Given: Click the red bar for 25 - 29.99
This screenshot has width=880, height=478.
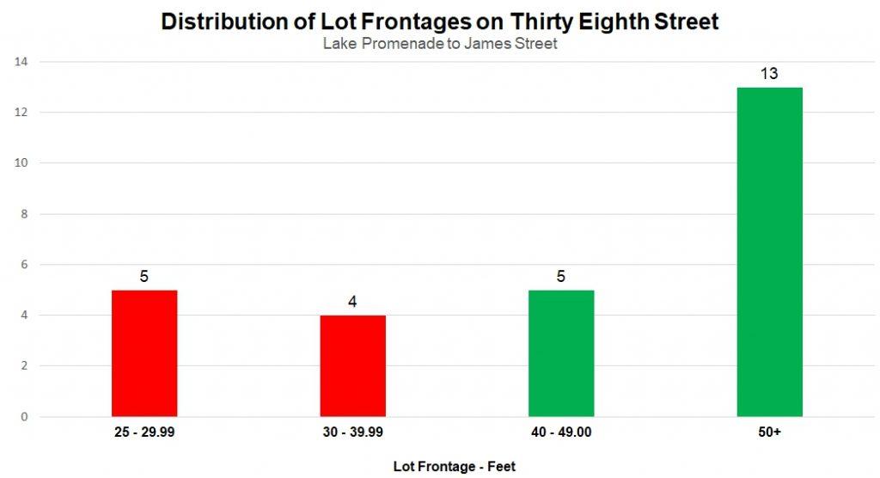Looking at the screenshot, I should pos(144,353).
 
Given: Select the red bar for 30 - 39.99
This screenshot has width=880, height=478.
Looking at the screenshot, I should pos(353,365).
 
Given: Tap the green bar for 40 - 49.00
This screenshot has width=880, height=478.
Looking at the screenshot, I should pos(561,353).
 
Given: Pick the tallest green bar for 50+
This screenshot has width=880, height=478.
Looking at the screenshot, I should pos(769,252).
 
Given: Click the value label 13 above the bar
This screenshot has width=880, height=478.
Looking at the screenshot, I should pos(769,74).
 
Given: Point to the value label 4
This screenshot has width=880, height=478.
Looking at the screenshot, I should pos(353,303).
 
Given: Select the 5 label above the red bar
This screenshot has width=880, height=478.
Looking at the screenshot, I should pos(144,277).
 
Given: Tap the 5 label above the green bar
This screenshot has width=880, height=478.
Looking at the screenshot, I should pos(561,277).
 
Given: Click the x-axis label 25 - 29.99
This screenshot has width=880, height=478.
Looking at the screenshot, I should pos(144,432).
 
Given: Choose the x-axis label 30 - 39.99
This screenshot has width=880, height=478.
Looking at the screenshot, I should pos(353,432).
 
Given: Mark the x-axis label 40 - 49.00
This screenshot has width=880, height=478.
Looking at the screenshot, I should pos(561,432).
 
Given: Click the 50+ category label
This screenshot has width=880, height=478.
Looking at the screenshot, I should pos(769,432).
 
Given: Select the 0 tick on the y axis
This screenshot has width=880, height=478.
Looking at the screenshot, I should pos(24,417).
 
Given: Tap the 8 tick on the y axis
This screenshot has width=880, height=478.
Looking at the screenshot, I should pos(24,214).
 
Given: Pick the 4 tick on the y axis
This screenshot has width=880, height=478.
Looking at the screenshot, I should pos(24,316).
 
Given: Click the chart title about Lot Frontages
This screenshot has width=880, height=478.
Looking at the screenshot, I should pos(440,22).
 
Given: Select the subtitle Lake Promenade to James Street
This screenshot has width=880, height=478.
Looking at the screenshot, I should pos(440,44).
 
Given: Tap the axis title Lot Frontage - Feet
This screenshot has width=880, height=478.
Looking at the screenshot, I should pos(455,466).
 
